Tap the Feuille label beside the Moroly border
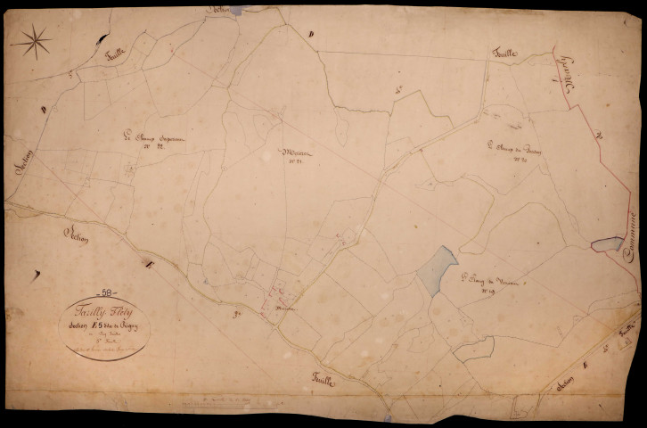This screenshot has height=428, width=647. click(508, 54)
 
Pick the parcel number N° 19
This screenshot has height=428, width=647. click(488, 291)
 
